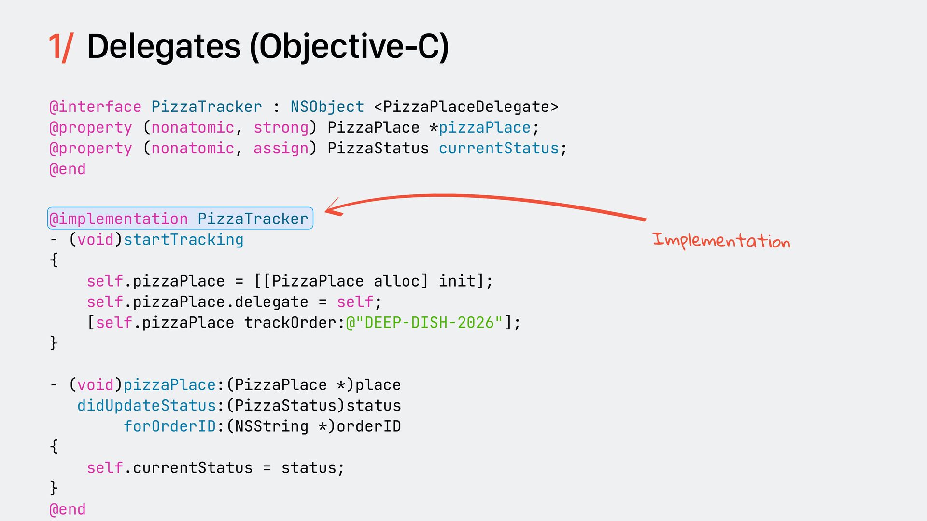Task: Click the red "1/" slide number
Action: pos(60,47)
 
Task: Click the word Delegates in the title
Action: pos(164,47)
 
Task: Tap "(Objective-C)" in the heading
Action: pos(349,47)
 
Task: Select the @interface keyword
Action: pos(96,107)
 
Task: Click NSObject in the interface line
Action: pos(327,107)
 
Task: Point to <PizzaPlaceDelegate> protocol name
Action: pos(466,107)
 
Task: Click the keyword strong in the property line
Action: pos(281,128)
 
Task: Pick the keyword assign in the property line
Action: pos(281,149)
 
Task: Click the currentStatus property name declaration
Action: pos(499,149)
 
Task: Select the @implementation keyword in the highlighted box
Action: pos(119,219)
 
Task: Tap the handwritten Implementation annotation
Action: pos(721,240)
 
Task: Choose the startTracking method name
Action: pos(183,240)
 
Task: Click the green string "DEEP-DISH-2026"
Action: pos(429,323)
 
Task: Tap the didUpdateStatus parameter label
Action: pos(146,406)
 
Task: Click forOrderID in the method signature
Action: pos(169,426)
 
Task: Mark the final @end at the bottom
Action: pos(68,509)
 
